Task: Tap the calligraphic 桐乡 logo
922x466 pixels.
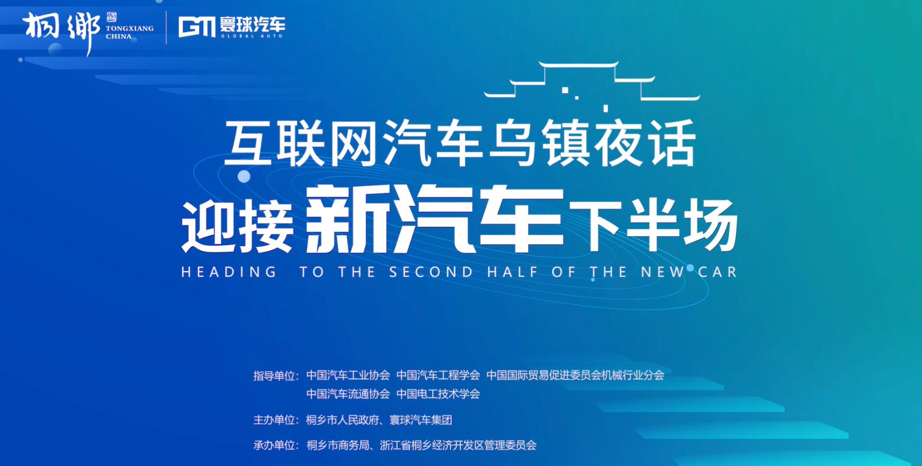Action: coord(61,31)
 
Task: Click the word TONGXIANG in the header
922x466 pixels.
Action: coord(130,28)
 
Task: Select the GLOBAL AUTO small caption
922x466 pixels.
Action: coord(252,36)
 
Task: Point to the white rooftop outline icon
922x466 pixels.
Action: coord(592,85)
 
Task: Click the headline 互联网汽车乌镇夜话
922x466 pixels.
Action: coord(460,143)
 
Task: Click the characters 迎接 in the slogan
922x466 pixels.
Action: coord(237,227)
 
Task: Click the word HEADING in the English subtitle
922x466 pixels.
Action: coord(229,272)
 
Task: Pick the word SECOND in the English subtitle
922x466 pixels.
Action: coord(431,272)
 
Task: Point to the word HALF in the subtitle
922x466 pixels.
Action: coord(513,272)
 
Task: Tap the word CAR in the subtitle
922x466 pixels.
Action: coord(718,272)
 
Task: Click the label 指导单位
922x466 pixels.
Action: coord(274,376)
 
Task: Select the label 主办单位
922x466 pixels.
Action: coord(274,420)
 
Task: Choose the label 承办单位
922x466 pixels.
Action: coord(274,445)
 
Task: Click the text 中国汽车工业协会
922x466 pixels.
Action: coord(348,375)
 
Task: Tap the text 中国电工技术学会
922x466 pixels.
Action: coord(438,394)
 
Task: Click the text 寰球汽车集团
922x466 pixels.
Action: coord(421,420)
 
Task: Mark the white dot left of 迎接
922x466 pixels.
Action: coord(244,176)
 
